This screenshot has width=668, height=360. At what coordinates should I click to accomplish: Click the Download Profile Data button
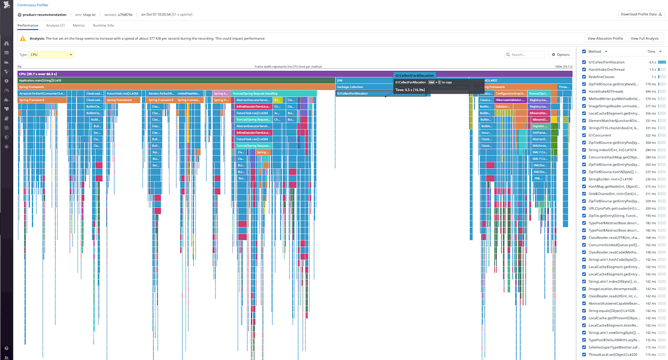pyautogui.click(x=640, y=14)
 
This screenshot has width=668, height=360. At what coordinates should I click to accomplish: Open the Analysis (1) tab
pyautogui.click(x=55, y=25)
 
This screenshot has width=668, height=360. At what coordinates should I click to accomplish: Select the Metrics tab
pyautogui.click(x=78, y=25)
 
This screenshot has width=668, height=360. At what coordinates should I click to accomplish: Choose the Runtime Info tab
pyautogui.click(x=103, y=25)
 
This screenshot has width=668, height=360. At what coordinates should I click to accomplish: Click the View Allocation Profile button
pyautogui.click(x=605, y=39)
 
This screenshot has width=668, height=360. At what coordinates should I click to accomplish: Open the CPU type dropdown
pyautogui.click(x=51, y=55)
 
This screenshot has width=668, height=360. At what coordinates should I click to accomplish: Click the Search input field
pyautogui.click(x=527, y=55)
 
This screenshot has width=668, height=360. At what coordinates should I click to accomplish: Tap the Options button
pyautogui.click(x=560, y=55)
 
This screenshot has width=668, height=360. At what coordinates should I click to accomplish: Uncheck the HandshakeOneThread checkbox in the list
pyautogui.click(x=584, y=70)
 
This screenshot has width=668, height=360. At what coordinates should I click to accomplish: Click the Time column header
pyautogui.click(x=651, y=52)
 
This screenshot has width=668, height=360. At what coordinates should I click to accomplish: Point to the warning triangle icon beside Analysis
pyautogui.click(x=23, y=39)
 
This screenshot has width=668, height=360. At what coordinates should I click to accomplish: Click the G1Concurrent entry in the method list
pyautogui.click(x=600, y=135)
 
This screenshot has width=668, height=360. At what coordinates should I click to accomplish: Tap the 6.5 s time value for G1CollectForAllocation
pyautogui.click(x=652, y=62)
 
